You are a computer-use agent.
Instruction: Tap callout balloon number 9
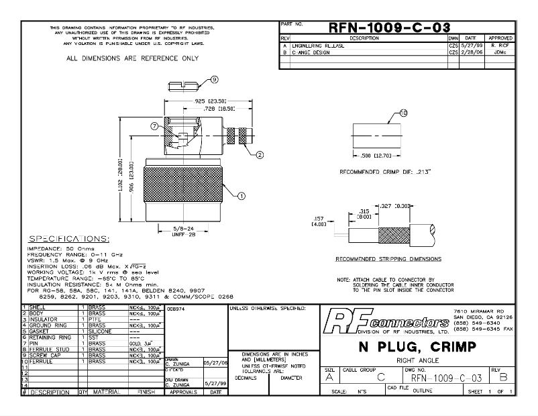pyautogui.click(x=214, y=79)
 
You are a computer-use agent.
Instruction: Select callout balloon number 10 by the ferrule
pyautogui.click(x=403, y=113)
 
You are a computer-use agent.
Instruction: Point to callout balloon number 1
pyautogui.click(x=241, y=195)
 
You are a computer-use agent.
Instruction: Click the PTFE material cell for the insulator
pyautogui.click(x=96, y=319)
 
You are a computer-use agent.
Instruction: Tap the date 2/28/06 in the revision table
pyautogui.click(x=471, y=52)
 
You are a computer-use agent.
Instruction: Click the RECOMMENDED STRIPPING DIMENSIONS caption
pyautogui.click(x=388, y=258)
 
